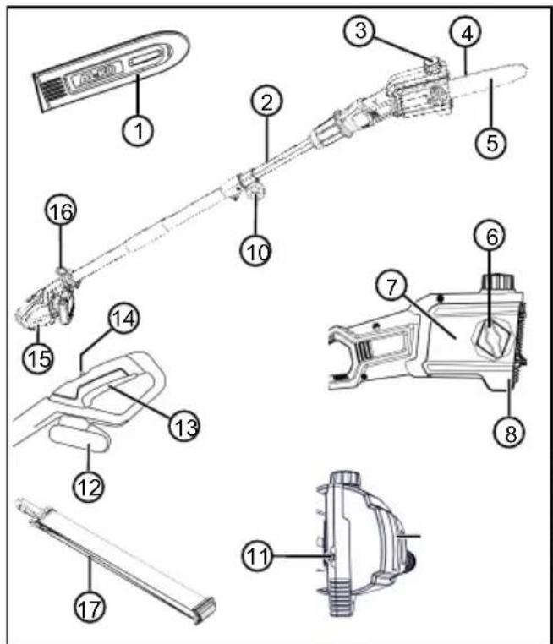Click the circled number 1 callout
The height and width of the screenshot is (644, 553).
click(x=139, y=130)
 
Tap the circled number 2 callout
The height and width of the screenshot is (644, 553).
click(x=267, y=101)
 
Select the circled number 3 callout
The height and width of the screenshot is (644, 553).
click(x=360, y=30)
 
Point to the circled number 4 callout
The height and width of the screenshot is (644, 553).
click(x=466, y=33)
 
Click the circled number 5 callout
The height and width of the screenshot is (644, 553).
click(x=491, y=143)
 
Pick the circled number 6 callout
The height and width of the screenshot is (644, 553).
click(x=491, y=236)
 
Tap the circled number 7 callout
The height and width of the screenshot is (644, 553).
click(x=391, y=286)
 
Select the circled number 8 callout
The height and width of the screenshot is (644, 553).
click(x=510, y=432)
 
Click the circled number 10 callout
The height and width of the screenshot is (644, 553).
click(x=256, y=250)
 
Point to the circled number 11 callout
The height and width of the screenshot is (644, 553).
click(x=258, y=556)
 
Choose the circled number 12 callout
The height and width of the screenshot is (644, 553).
click(x=89, y=487)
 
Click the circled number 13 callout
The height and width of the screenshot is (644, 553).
click(x=185, y=426)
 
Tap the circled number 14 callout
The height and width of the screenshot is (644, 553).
click(x=123, y=319)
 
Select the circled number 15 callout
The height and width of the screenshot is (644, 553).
click(x=39, y=357)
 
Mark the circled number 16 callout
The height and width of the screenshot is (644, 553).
click(x=61, y=210)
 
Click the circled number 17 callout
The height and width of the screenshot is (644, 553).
click(x=90, y=608)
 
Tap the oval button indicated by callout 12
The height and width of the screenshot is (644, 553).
click(x=79, y=439)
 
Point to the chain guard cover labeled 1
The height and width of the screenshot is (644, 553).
click(x=111, y=71)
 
